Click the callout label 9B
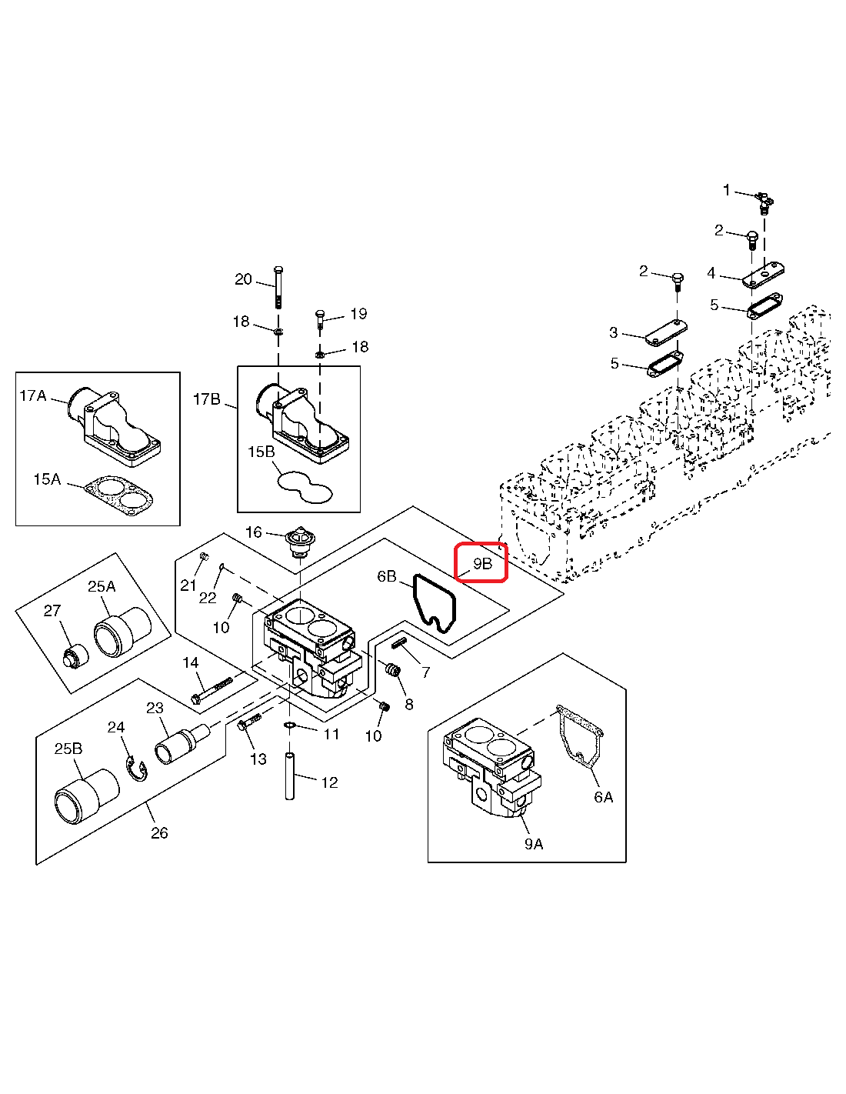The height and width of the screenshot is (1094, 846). pyautogui.click(x=482, y=563)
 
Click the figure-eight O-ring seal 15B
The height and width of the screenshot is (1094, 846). pyautogui.click(x=305, y=486)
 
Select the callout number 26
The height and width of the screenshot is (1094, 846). pyautogui.click(x=159, y=832)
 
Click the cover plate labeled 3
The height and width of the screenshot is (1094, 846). pyautogui.click(x=665, y=332)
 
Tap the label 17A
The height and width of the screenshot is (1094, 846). pyautogui.click(x=33, y=395)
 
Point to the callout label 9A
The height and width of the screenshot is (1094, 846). pyautogui.click(x=534, y=844)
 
